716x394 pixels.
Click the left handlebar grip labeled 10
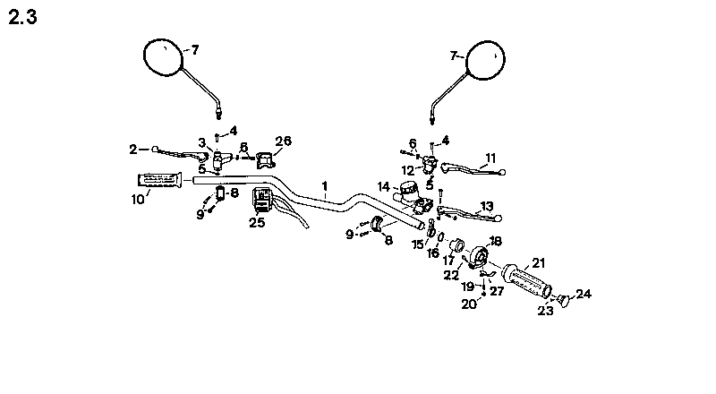158,181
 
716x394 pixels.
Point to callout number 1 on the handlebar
325,186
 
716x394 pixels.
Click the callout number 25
257,222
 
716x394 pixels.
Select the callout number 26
283,141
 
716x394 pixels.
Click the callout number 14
383,187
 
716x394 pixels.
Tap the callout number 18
495,241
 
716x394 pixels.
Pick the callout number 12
407,169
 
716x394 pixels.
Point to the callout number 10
138,200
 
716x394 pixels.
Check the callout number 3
202,141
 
